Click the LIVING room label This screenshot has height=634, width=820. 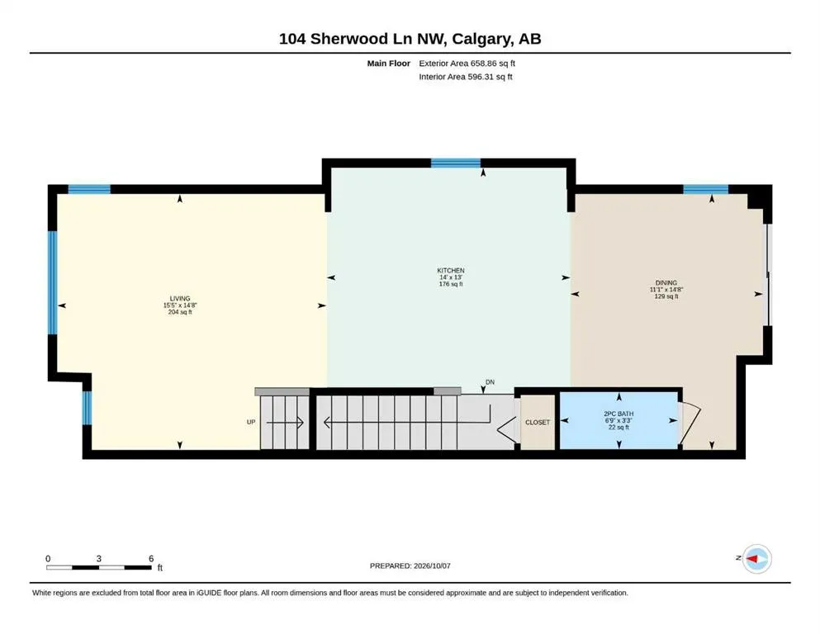pos(180,299)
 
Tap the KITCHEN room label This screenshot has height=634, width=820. pos(451,270)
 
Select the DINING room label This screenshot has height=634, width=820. pos(666,283)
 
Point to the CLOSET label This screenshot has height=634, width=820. pos(538,423)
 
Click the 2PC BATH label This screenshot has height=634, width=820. pos(619,414)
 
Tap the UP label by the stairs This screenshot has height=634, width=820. pos(251,422)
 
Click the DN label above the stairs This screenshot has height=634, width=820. pos(490,382)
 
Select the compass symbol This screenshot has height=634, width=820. pos(756,559)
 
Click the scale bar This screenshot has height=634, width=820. pos(98,567)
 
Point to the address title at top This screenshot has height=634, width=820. pos(410,39)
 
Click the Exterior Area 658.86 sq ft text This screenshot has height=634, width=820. pos(467,64)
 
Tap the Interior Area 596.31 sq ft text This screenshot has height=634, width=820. pos(466,77)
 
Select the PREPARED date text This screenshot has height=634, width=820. pos(410,565)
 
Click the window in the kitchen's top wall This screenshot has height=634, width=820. pos(456,163)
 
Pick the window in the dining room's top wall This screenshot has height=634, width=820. pos(705,189)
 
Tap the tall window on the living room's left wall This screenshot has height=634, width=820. pos(52,283)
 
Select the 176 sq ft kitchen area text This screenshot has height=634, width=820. pos(451,284)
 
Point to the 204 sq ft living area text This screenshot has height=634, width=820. pos(180,312)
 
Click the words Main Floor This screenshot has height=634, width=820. pos(389,64)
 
